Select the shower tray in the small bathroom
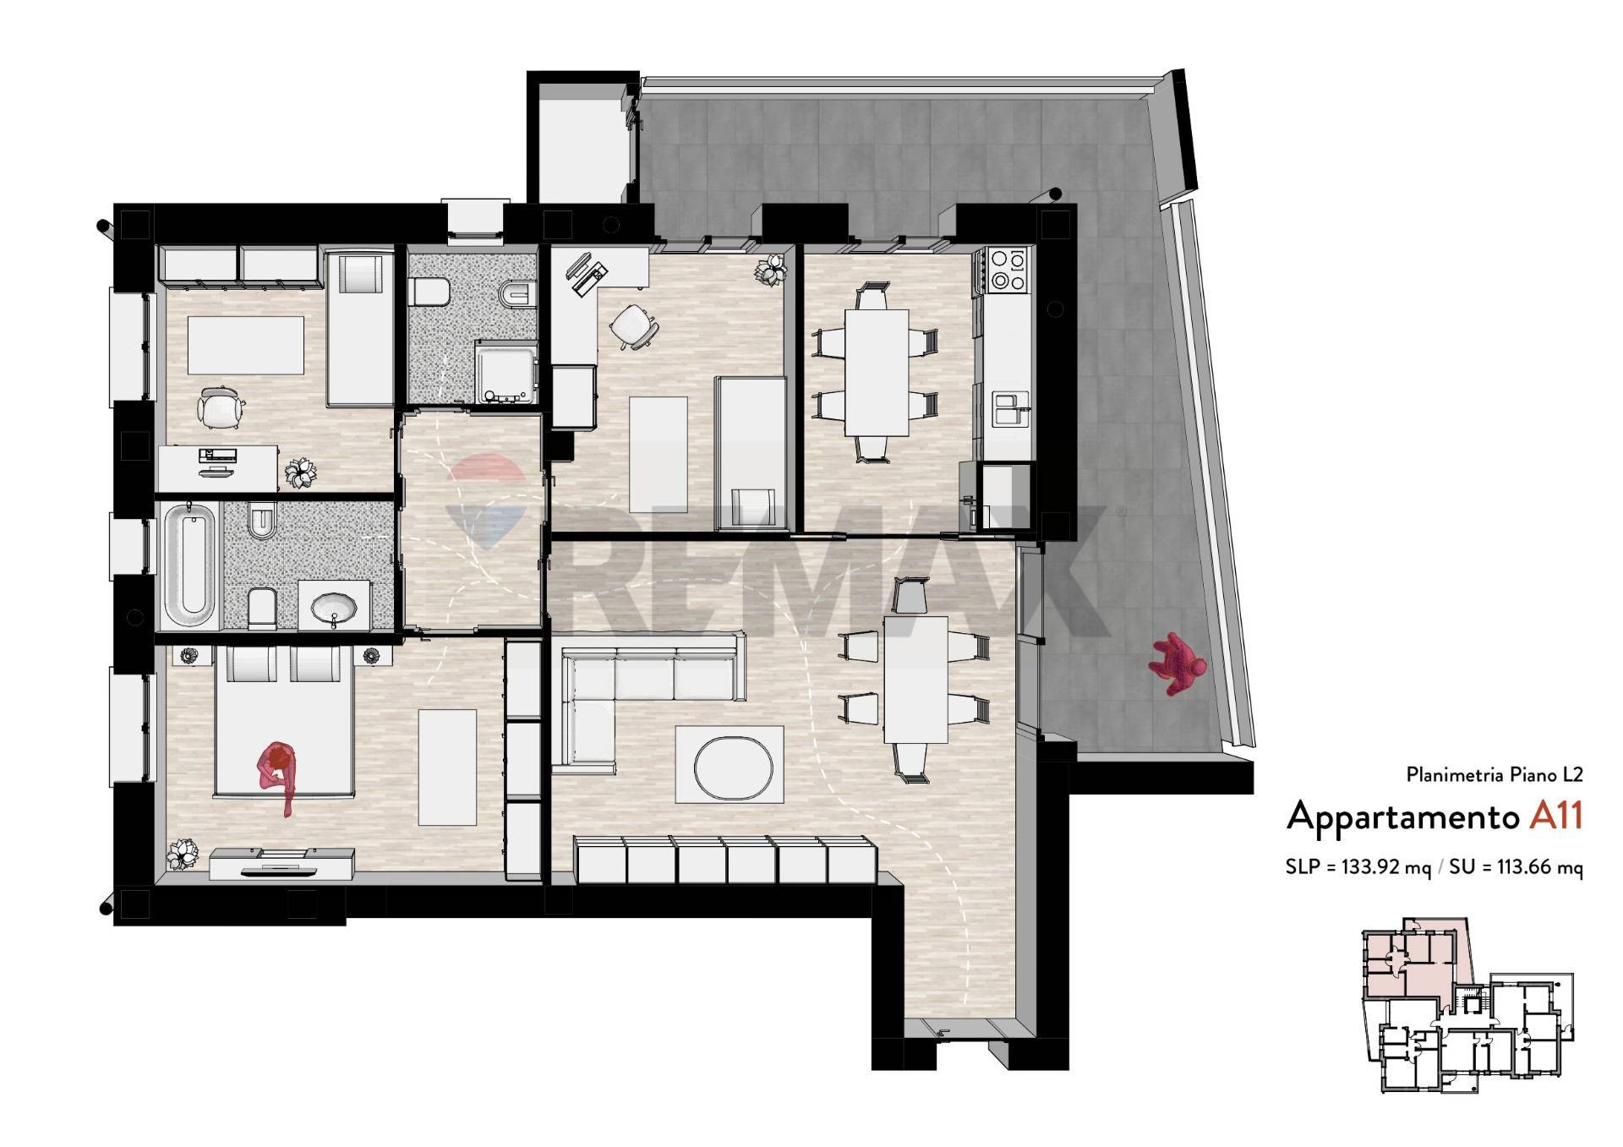coord(506,372)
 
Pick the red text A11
coord(1555,816)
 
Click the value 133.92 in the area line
coord(1373,867)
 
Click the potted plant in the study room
coord(771,270)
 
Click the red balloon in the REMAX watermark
coord(484,482)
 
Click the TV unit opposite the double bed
coord(281,864)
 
